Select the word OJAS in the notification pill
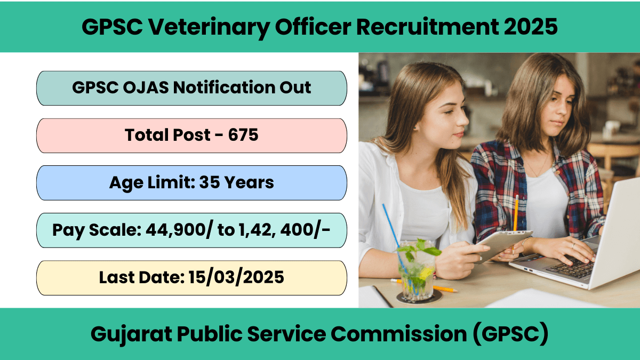[x=146, y=87]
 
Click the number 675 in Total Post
[x=243, y=134]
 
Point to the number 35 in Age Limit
[x=209, y=182]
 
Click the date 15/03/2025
[x=236, y=277]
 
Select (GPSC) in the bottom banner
[x=510, y=334]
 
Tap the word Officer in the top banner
[x=313, y=27]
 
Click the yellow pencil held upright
[x=516, y=214]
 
